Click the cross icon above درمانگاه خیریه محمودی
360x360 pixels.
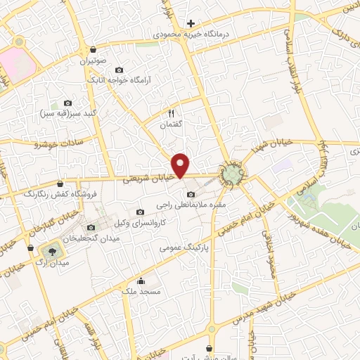190,23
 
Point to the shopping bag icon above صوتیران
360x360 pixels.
94,49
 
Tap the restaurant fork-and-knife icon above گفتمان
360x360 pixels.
170,112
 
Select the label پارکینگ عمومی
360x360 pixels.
182,247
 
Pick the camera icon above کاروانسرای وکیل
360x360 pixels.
140,212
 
